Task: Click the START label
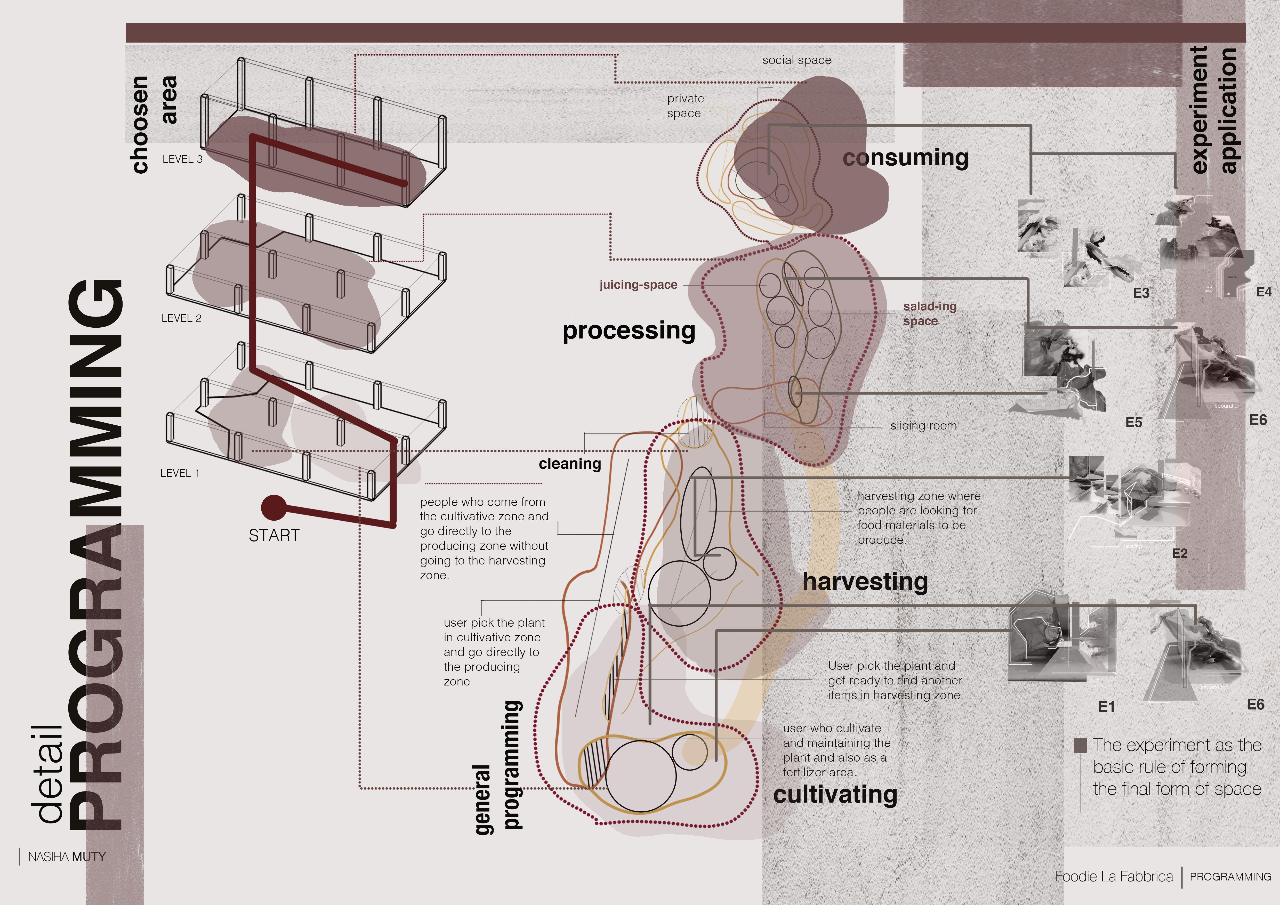[x=274, y=536]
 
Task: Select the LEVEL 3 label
[x=182, y=159]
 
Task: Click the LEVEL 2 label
[x=181, y=318]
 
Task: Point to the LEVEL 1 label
[x=180, y=473]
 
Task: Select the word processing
[x=629, y=330]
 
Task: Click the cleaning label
[x=570, y=464]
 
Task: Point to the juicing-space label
[x=638, y=285]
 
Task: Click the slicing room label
[x=923, y=426]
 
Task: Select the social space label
[x=797, y=60]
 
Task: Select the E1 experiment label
[x=1106, y=707]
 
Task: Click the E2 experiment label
[x=1180, y=553]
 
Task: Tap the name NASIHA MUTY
[x=66, y=856]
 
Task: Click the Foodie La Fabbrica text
[x=1114, y=877]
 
